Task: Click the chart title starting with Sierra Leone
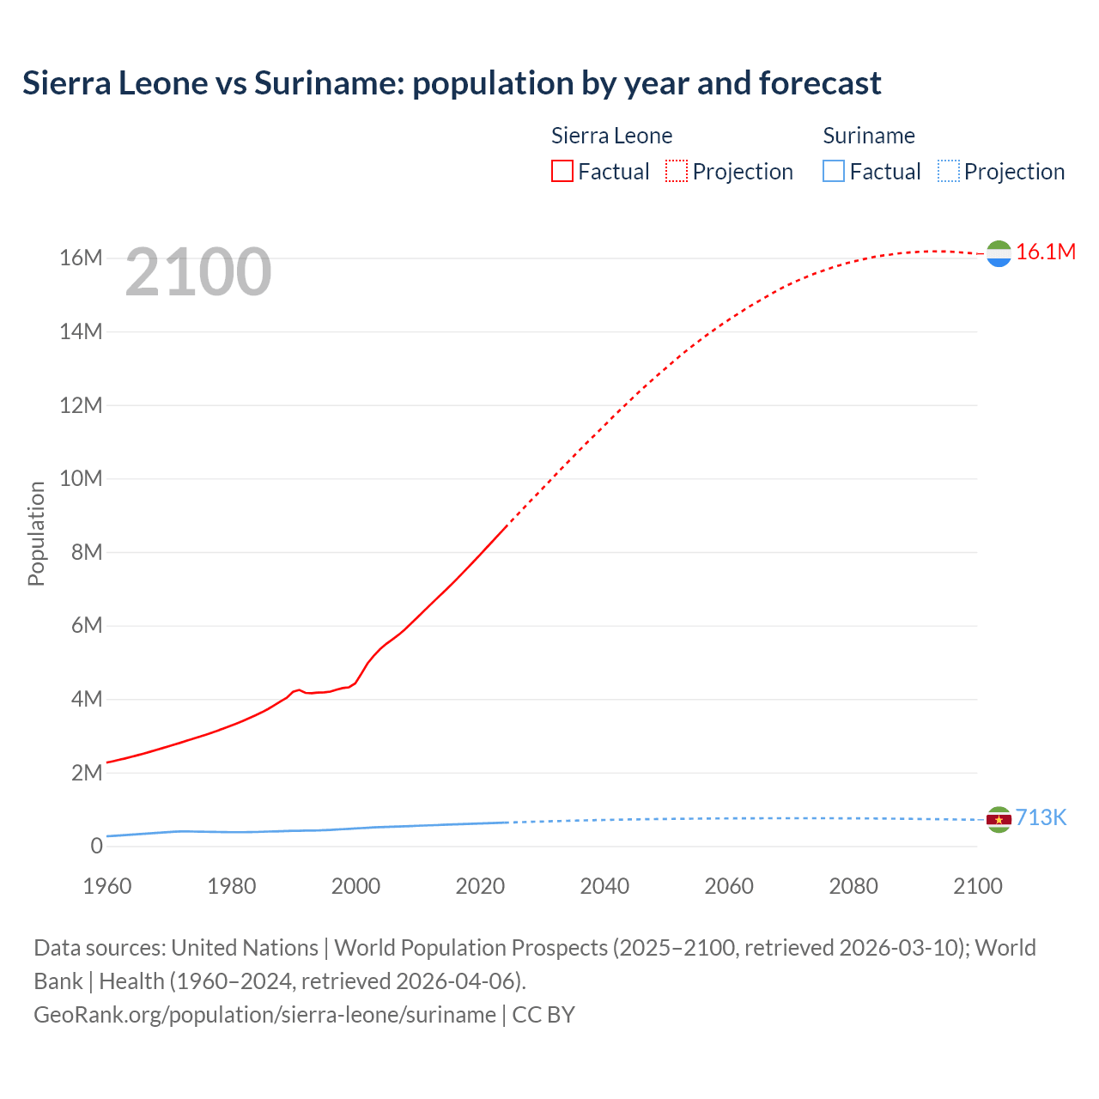click(452, 83)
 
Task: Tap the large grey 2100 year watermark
click(198, 272)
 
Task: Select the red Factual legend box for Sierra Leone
click(562, 171)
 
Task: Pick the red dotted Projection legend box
click(677, 171)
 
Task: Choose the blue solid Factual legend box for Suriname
click(834, 171)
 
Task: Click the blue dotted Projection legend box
click(949, 171)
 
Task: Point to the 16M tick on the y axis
click(81, 258)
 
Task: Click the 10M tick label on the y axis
click(81, 478)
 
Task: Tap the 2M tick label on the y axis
click(86, 773)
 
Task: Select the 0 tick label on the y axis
click(96, 846)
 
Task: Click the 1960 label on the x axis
click(106, 886)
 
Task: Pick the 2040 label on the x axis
click(604, 886)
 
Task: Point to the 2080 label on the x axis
click(853, 886)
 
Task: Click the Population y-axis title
click(36, 533)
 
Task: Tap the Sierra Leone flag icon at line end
click(999, 253)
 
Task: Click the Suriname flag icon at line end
click(999, 820)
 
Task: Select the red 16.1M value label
click(1045, 252)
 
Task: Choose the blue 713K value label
click(1041, 817)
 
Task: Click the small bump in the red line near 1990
click(298, 689)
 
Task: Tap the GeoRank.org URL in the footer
click(264, 1014)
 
